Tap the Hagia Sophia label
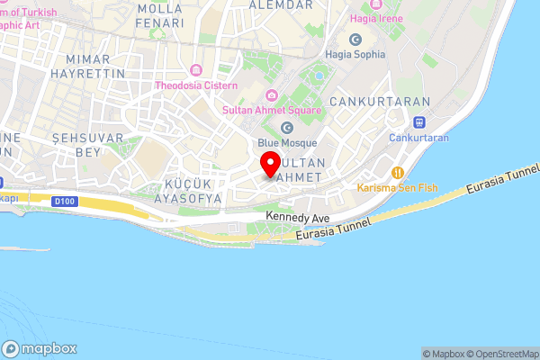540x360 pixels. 355,54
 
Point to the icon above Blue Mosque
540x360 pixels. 286,127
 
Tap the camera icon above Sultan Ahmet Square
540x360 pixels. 271,96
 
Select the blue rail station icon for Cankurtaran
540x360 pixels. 418,122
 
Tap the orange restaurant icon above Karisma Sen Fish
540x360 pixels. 397,171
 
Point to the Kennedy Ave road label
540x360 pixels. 300,218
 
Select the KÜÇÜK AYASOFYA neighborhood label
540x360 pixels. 187,189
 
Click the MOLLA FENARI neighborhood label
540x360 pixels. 159,14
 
